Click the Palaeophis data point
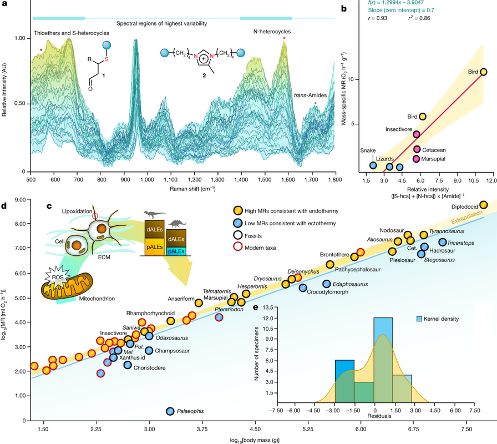click(x=170, y=411)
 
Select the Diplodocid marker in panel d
click(x=483, y=205)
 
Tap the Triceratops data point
click(x=443, y=242)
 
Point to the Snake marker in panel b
click(x=374, y=165)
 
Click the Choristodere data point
click(x=128, y=365)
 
